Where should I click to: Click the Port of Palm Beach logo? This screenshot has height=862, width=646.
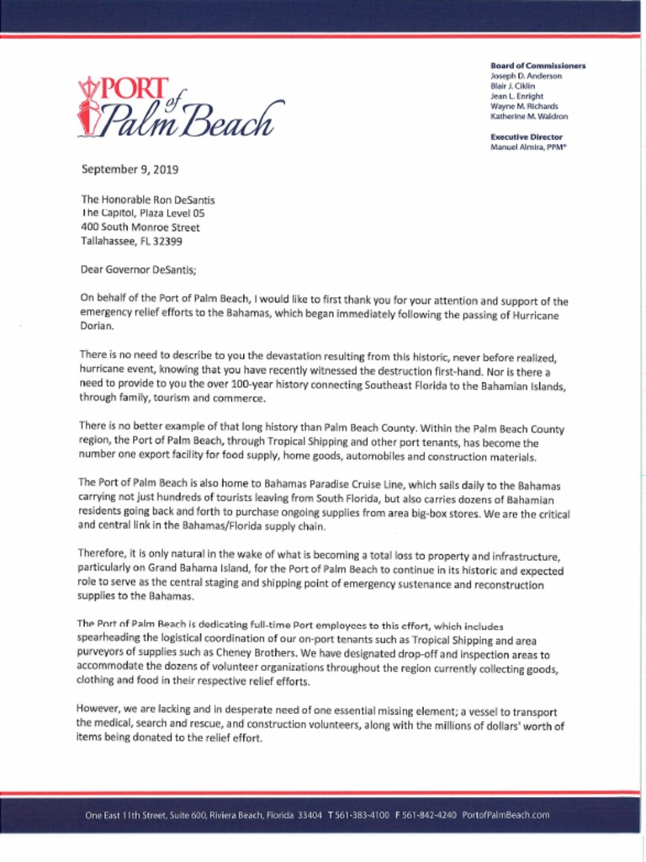pyautogui.click(x=180, y=108)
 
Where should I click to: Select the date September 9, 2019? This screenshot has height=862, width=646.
pyautogui.click(x=130, y=169)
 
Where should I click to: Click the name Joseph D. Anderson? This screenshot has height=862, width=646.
pyautogui.click(x=526, y=76)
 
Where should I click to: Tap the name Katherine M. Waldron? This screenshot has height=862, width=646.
pyautogui.click(x=529, y=117)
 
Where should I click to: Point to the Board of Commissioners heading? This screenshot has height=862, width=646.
pyautogui.click(x=537, y=66)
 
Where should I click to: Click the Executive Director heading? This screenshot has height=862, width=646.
pyautogui.click(x=527, y=137)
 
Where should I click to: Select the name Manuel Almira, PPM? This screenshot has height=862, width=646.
pyautogui.click(x=528, y=147)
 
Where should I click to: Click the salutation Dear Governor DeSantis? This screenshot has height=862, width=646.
pyautogui.click(x=138, y=270)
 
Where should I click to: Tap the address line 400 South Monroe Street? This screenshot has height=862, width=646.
pyautogui.click(x=140, y=227)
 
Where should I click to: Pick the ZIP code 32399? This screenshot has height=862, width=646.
pyautogui.click(x=167, y=241)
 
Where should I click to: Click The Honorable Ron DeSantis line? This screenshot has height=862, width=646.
pyautogui.click(x=148, y=200)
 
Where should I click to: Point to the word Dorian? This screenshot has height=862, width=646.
pyautogui.click(x=96, y=326)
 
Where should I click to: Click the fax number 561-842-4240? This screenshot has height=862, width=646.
pyautogui.click(x=429, y=815)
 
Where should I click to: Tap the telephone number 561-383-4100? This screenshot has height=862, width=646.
pyautogui.click(x=362, y=815)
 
